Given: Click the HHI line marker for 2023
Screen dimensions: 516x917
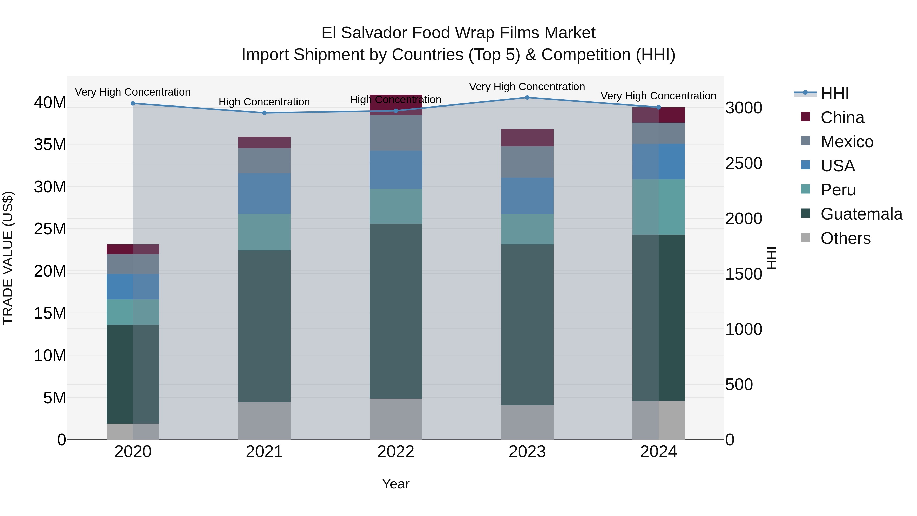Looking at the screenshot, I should click(x=527, y=98).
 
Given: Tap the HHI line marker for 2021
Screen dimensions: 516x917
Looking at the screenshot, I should click(x=264, y=113).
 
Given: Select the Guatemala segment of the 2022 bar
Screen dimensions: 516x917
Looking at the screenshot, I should click(x=396, y=311).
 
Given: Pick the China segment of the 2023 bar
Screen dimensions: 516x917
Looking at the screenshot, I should click(x=527, y=138).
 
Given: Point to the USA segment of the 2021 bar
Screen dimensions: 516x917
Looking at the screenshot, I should click(x=264, y=193).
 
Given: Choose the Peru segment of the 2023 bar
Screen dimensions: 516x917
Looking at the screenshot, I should click(x=527, y=229).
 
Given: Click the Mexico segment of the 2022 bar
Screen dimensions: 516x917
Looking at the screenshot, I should click(x=396, y=133).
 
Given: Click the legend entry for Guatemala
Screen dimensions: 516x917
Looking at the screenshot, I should click(x=861, y=214).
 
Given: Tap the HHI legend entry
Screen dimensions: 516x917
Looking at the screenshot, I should click(x=834, y=93).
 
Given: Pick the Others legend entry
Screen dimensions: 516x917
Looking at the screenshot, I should click(x=845, y=238).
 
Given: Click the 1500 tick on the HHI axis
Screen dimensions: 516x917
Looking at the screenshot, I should click(x=744, y=274).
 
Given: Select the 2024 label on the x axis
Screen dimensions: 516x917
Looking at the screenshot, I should click(x=658, y=452).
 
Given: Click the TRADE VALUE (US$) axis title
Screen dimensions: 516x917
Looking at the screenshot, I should click(x=8, y=258).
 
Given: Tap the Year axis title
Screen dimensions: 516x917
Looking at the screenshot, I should click(x=396, y=484).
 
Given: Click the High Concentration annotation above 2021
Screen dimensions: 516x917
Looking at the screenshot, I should click(x=264, y=102).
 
